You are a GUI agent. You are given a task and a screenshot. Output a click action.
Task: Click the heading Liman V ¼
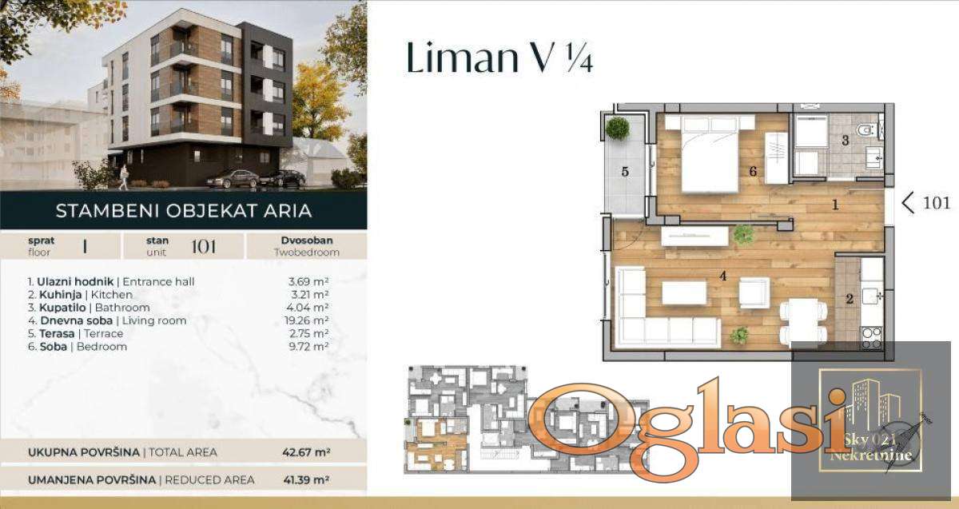point(499,58)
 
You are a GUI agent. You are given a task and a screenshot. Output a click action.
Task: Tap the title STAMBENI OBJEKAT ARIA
point(184,211)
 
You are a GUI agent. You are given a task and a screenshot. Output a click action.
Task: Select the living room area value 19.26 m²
point(307,320)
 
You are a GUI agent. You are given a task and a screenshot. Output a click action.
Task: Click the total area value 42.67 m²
point(306,452)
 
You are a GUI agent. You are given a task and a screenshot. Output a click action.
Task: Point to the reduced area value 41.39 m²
point(306,480)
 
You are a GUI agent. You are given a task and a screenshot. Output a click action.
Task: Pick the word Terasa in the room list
point(57,333)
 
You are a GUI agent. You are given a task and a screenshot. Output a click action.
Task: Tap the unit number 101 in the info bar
point(203,247)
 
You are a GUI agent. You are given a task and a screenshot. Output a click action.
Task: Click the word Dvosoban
point(307,241)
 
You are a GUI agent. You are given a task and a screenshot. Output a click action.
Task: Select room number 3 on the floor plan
point(846,141)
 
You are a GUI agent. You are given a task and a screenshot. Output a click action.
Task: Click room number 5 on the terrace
point(625,172)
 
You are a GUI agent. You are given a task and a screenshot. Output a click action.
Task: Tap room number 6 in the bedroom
point(753,172)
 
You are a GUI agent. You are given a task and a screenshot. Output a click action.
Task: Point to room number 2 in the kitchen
point(850,299)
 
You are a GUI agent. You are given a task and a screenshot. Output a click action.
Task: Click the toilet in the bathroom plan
point(869,129)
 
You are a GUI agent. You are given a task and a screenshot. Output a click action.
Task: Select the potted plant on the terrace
point(618,128)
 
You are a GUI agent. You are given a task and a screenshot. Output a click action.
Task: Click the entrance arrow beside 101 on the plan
point(908,202)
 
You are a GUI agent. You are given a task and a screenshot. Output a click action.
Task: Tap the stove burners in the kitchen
point(872,338)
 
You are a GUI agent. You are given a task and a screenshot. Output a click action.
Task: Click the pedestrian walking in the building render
point(124,177)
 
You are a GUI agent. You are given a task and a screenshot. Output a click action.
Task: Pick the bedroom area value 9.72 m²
point(308,346)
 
